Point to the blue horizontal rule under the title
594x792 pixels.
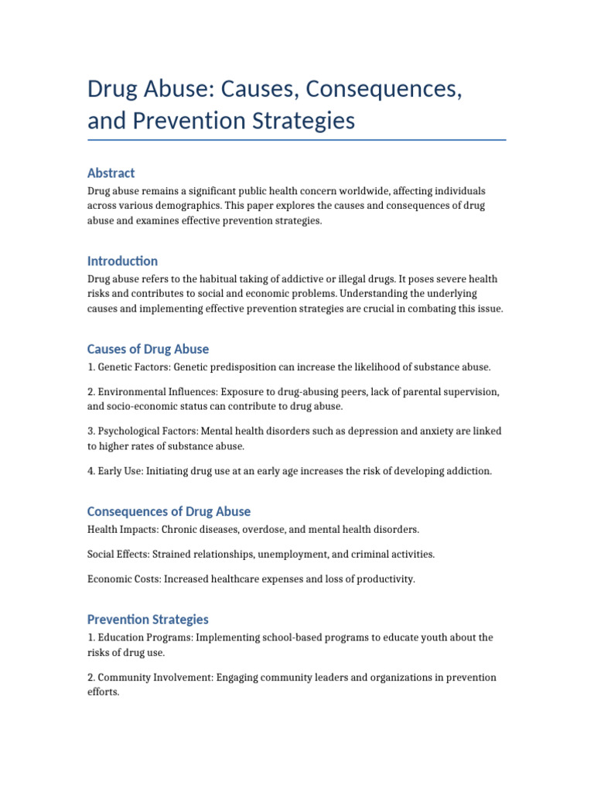pos(297,140)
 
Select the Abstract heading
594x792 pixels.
pos(111,172)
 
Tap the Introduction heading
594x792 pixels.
pos(122,261)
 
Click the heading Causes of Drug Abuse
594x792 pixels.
pos(148,349)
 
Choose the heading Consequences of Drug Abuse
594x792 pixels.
pos(169,511)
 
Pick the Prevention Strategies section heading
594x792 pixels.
pos(148,620)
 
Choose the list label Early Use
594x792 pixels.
pos(120,471)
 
